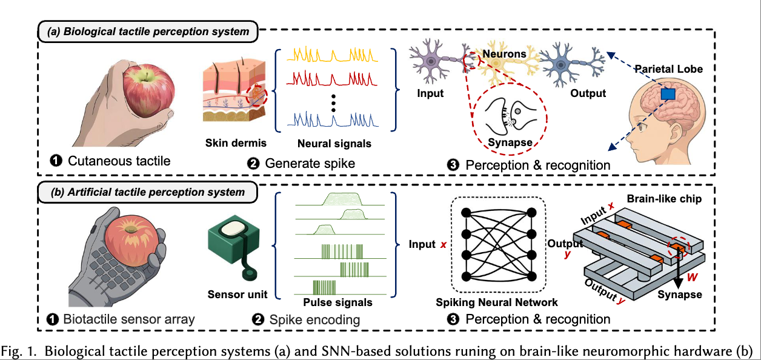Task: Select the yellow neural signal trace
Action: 332,55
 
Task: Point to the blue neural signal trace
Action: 332,119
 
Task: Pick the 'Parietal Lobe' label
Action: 668,69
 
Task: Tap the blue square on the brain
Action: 667,94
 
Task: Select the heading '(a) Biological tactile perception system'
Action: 148,32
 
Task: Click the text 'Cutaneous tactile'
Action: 119,161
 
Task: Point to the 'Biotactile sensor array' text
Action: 131,319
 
